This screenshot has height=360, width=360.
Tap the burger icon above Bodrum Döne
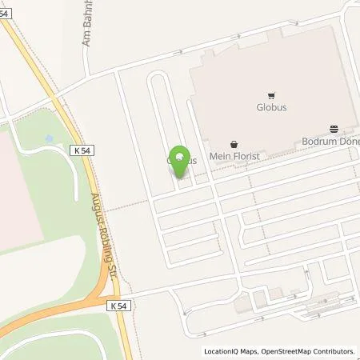(334, 128)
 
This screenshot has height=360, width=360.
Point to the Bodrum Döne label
(330, 141)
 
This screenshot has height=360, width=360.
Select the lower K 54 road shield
(116, 306)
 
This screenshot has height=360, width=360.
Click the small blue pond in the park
(49, 138)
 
